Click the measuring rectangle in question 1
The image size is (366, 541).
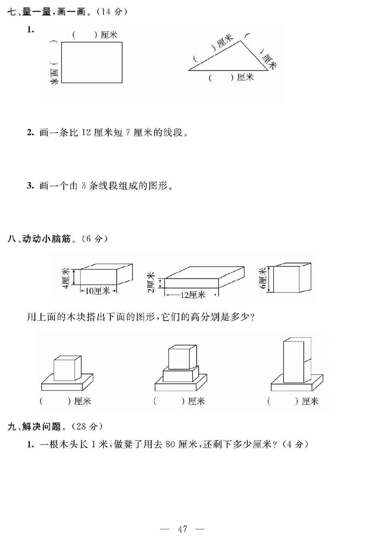pyautogui.click(x=91, y=63)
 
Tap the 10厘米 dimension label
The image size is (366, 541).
pyautogui.click(x=98, y=290)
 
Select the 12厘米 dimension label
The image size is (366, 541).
pyautogui.click(x=193, y=295)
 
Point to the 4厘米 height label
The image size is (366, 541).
pyautogui.click(x=67, y=279)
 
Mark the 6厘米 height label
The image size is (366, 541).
pyautogui.click(x=263, y=278)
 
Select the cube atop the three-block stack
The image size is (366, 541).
pyautogui.click(x=182, y=356)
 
